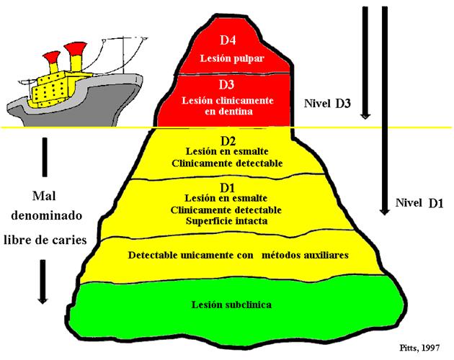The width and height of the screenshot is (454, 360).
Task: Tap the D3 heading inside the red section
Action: [x=227, y=86]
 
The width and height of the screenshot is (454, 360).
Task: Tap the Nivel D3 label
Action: [x=327, y=104]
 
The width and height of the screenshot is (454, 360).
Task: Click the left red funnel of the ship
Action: [x=51, y=59]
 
